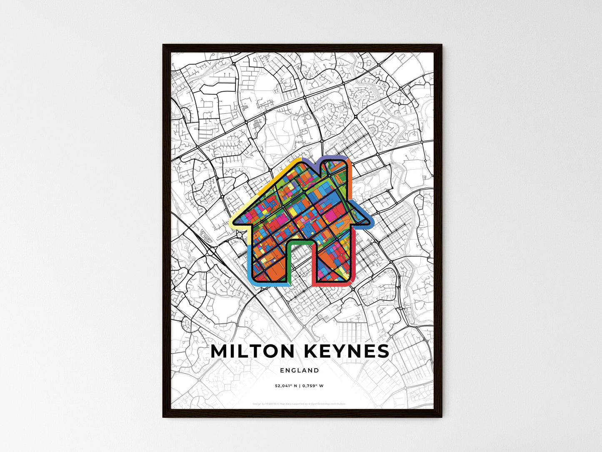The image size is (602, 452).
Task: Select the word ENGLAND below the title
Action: point(300,370)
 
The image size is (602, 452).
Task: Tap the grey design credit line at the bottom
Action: point(300,404)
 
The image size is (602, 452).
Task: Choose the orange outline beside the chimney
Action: point(350,175)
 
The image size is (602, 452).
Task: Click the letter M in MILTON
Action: point(221,352)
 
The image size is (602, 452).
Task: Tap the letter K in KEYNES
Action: point(313,352)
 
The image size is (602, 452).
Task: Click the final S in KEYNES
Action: point(382,352)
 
